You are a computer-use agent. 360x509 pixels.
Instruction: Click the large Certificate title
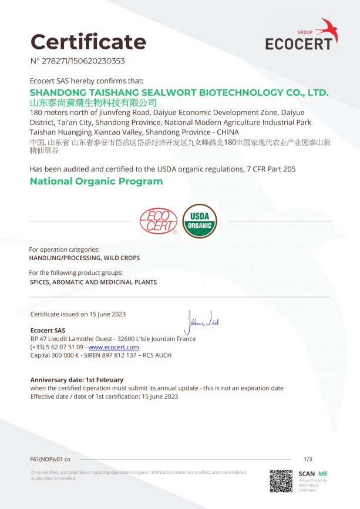(88, 42)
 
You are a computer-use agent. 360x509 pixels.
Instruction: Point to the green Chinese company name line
(93, 103)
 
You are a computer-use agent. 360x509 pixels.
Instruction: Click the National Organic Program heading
(96, 181)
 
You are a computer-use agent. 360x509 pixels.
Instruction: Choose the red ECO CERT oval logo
(158, 221)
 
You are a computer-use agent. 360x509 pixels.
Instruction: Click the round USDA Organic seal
(200, 221)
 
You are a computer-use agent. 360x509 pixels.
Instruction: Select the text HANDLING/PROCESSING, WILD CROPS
(85, 258)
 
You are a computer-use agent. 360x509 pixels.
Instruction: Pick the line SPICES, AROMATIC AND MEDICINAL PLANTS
(93, 282)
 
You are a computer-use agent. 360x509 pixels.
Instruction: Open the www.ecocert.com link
(113, 347)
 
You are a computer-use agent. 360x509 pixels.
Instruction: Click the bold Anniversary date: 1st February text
(77, 380)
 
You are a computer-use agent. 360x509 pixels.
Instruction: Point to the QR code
(281, 481)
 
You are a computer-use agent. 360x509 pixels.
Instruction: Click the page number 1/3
(308, 459)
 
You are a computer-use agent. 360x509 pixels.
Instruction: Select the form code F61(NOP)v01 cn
(50, 459)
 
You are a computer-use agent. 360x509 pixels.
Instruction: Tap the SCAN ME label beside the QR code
(312, 474)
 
